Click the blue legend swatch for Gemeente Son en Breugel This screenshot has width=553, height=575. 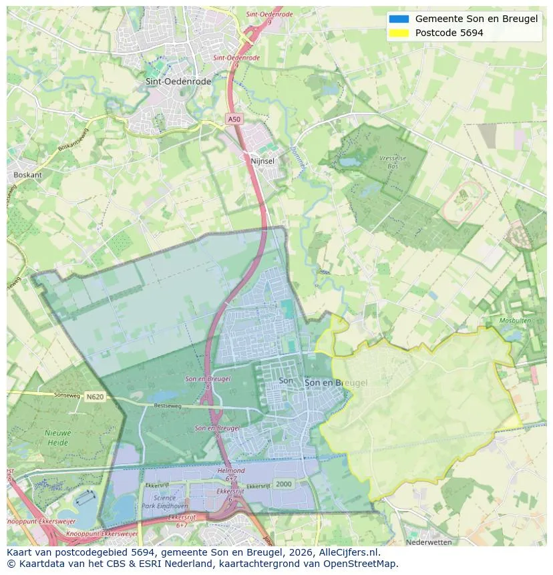399,19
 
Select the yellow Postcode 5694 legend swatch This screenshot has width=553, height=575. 399,33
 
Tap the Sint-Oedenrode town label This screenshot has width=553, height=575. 178,81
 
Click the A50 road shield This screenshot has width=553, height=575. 233,119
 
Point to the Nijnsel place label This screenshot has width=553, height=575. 262,162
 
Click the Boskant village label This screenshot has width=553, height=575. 27,175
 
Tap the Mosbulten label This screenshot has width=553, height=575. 515,321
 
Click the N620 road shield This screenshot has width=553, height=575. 95,397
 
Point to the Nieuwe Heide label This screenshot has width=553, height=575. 58,437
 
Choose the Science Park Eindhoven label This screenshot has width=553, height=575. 165,502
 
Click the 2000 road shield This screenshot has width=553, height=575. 284,484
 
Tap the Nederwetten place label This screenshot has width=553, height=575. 429,542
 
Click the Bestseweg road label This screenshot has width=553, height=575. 168,405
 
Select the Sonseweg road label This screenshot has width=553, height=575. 57,395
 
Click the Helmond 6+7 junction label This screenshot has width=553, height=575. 231,474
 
